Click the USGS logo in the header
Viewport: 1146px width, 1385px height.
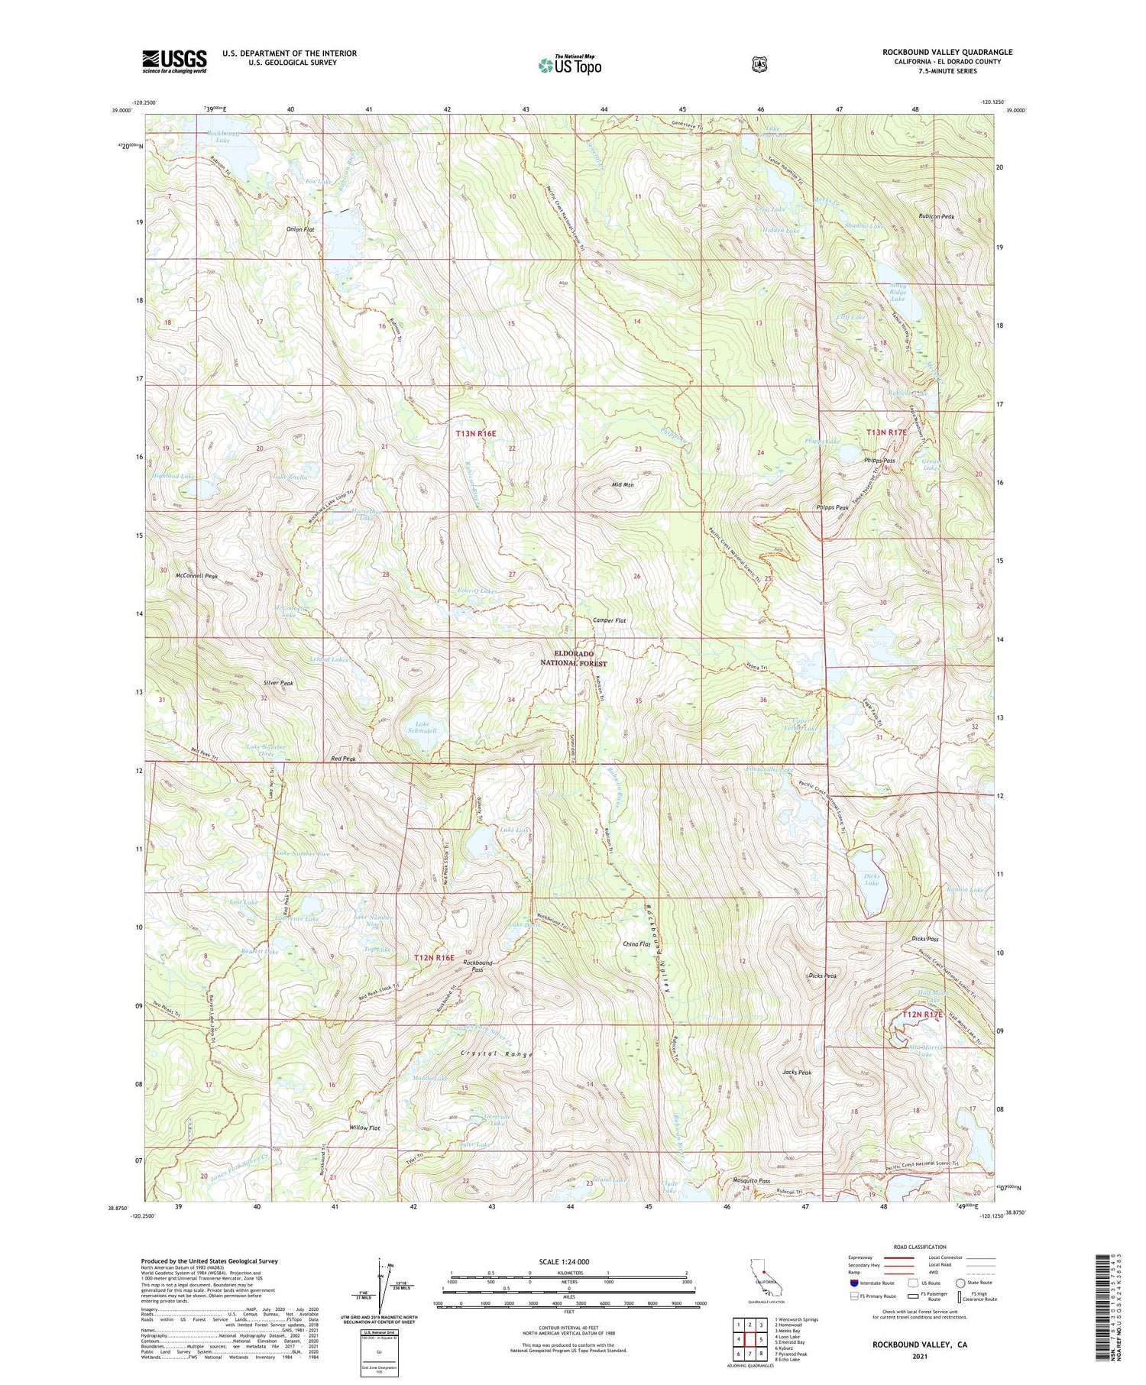point(174,61)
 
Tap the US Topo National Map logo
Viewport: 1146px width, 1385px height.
point(569,65)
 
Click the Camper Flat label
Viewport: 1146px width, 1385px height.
point(610,621)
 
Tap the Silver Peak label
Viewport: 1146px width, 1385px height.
point(277,683)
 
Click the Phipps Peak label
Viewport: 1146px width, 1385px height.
point(832,507)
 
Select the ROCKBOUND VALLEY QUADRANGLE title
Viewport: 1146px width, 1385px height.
point(947,52)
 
